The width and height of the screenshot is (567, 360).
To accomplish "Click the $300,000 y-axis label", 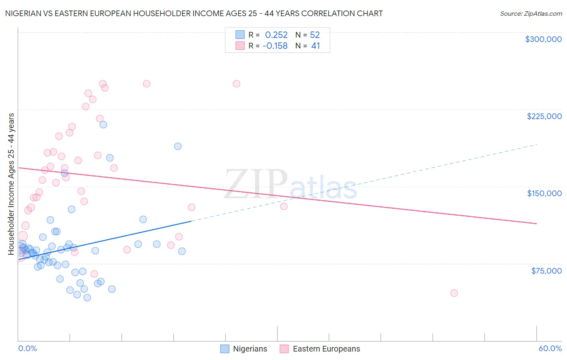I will [x=543, y=39].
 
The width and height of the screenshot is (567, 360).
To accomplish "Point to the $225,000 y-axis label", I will [x=544, y=116].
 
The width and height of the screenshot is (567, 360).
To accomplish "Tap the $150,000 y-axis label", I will [x=544, y=193].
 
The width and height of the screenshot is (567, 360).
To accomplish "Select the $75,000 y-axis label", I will [x=546, y=271].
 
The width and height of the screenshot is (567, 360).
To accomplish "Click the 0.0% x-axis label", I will [x=27, y=348].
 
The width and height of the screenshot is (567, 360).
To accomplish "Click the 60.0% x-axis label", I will [x=550, y=348].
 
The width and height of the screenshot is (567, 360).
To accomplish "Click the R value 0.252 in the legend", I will [x=276, y=35].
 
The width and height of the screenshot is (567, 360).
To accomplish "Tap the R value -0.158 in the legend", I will [x=275, y=46].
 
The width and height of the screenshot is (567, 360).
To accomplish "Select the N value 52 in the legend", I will [x=315, y=35].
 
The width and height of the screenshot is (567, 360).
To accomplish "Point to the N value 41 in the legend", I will [x=315, y=46].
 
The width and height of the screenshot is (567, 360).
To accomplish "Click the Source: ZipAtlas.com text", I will [x=531, y=13].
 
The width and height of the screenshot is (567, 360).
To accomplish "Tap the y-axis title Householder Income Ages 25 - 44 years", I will [x=11, y=184].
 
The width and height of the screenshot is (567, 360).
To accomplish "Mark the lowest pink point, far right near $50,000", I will [x=454, y=293].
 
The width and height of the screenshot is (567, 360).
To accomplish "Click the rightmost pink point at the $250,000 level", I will [x=236, y=84].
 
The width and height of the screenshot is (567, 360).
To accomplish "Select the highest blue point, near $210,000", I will [x=103, y=125].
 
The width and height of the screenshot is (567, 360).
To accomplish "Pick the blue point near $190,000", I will [x=178, y=147].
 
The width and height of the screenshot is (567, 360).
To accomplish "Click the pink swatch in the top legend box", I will [x=240, y=46].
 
